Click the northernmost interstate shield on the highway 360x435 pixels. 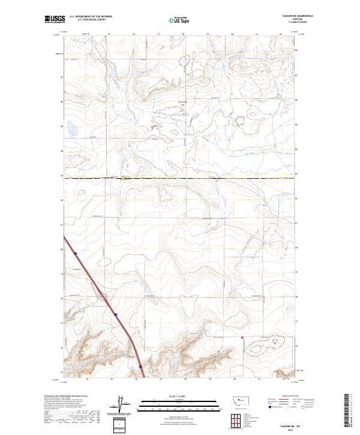pos(76,254)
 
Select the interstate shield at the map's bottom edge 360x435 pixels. pos(140,366)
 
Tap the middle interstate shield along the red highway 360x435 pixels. pos(115,314)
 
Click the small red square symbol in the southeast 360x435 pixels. pos(242,338)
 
